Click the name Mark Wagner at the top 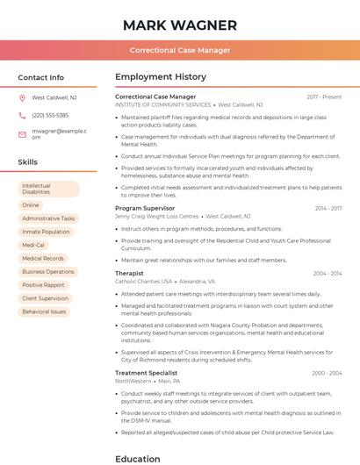[180, 25]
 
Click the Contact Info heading [41, 77]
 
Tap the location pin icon [23, 97]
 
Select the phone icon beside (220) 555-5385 [23, 115]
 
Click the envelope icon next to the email [23, 133]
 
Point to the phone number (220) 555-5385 [50, 115]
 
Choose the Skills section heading [28, 162]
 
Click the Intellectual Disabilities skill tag [48, 189]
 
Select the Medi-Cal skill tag [33, 245]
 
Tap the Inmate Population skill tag [46, 232]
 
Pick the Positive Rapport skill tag [43, 285]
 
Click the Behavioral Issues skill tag [44, 311]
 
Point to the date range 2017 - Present [324, 97]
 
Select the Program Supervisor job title [146, 208]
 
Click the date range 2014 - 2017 [328, 208]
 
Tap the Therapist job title [129, 273]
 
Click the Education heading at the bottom [138, 458]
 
